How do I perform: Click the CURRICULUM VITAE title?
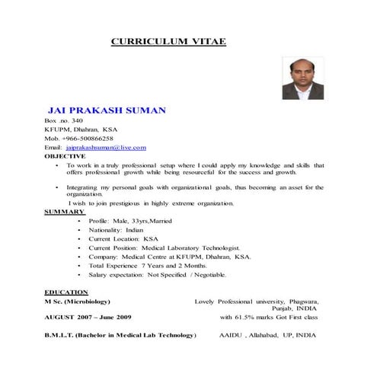[x=168, y=41]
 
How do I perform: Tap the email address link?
[x=106, y=147]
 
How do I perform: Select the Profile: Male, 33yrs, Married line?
[x=125, y=220]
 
